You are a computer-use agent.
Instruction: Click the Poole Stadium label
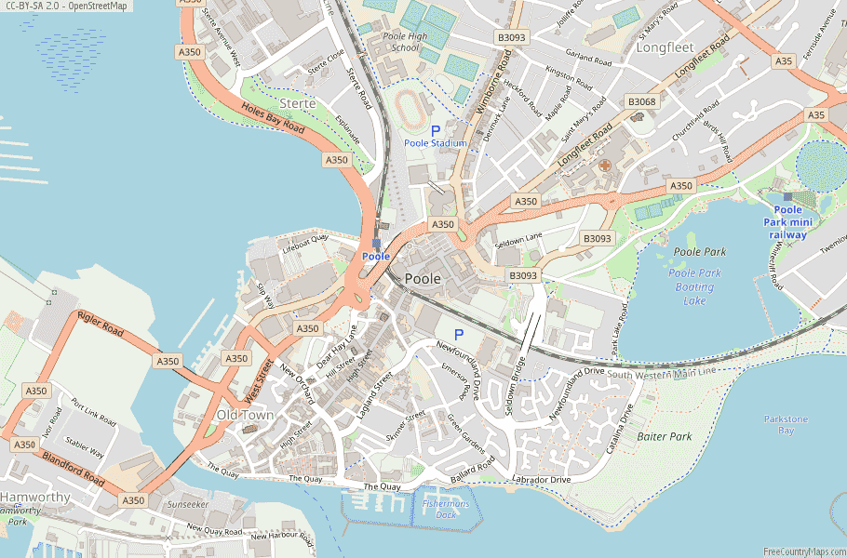coord(436,143)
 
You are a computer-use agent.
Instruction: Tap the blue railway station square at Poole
coord(376,244)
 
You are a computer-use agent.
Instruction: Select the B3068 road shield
coord(641,101)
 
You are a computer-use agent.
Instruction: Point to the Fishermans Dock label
coord(440,508)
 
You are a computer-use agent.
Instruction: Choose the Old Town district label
coord(245,415)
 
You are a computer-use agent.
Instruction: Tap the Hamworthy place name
coord(35,498)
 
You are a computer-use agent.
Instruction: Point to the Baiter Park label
coord(665,435)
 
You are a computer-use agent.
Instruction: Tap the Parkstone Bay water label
coord(786,425)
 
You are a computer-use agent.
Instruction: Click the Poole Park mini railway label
coord(787,222)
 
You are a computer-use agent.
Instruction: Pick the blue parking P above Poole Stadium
coord(435,130)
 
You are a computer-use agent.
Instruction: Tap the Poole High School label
coord(405,42)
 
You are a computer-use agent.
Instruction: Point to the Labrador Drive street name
coord(541,480)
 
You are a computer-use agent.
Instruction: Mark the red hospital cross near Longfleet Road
coord(604,166)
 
